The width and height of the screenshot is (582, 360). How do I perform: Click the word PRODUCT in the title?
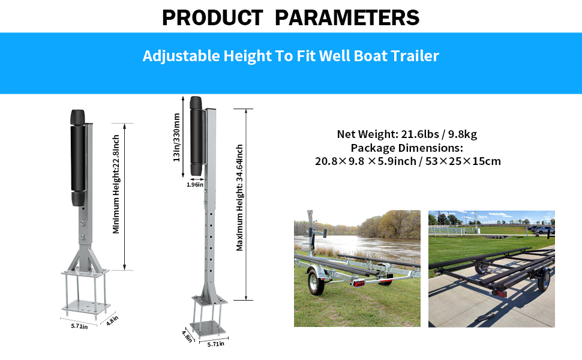tap(212, 17)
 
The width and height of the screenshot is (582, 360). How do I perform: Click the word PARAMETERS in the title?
tap(347, 17)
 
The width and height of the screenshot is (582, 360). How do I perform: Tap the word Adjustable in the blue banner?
tap(181, 56)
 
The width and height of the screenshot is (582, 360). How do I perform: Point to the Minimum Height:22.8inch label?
tap(116, 184)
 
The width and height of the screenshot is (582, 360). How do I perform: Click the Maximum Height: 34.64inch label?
tap(240, 197)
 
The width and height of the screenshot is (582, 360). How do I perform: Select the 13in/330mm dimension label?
tap(176, 137)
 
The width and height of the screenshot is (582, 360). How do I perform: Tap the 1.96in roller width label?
tap(195, 184)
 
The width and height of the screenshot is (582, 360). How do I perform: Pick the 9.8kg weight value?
tap(463, 134)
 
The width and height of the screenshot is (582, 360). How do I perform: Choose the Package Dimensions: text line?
tap(407, 148)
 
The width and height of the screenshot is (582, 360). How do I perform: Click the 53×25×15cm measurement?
tap(463, 161)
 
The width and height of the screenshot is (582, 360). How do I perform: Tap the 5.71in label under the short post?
tap(79, 326)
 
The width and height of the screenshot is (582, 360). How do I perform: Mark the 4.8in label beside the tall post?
tap(187, 336)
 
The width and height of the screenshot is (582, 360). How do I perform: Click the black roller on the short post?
tap(78, 158)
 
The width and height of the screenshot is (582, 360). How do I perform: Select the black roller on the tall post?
tap(196, 136)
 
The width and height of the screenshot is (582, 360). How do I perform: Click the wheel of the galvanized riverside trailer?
tap(315, 282)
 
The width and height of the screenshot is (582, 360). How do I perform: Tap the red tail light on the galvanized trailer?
tap(358, 284)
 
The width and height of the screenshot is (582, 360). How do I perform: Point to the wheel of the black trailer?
tap(544, 279)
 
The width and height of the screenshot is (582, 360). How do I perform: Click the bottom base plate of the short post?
tap(86, 307)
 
